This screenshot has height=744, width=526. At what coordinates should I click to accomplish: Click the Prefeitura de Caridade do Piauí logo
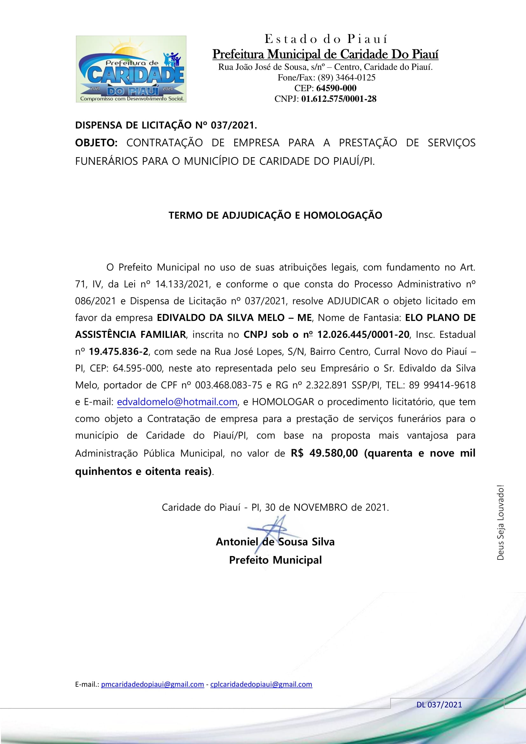(x=131, y=69)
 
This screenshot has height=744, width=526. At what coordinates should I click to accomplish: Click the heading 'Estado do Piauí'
(x=326, y=39)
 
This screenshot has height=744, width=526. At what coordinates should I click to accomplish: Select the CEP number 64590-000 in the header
(x=336, y=88)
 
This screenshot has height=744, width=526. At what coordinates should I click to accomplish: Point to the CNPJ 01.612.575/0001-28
(x=338, y=99)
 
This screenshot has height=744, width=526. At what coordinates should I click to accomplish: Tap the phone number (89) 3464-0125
(x=346, y=77)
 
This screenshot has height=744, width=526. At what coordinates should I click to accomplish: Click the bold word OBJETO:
(x=96, y=143)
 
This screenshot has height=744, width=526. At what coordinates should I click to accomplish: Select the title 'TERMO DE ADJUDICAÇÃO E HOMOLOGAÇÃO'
(x=275, y=215)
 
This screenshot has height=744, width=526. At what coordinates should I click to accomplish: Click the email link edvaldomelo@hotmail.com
(x=177, y=402)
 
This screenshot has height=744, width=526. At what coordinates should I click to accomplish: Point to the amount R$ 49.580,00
(x=324, y=453)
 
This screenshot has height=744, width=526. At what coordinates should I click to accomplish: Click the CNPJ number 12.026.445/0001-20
(x=363, y=334)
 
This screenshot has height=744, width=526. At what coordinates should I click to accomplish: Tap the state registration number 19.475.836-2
(x=119, y=351)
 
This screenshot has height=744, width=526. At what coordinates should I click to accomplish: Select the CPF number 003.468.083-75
(x=229, y=385)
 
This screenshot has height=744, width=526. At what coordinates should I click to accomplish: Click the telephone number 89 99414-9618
(x=442, y=385)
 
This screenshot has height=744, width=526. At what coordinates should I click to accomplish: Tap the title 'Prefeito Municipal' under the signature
(x=275, y=560)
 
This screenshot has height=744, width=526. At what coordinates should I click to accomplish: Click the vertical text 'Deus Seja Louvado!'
(x=501, y=522)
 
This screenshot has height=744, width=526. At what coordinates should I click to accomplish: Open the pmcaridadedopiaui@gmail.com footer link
(x=153, y=685)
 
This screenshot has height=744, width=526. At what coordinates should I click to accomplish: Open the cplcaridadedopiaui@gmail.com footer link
(x=261, y=685)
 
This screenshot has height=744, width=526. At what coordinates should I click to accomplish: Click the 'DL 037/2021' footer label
(x=439, y=705)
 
